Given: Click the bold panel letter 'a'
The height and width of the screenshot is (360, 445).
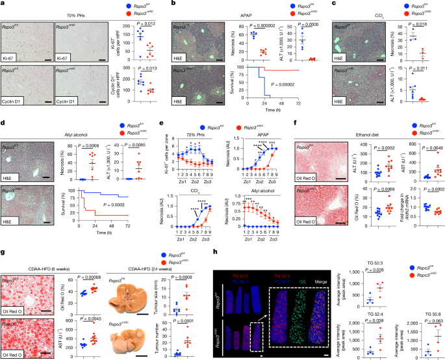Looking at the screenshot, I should coord(3,4).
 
